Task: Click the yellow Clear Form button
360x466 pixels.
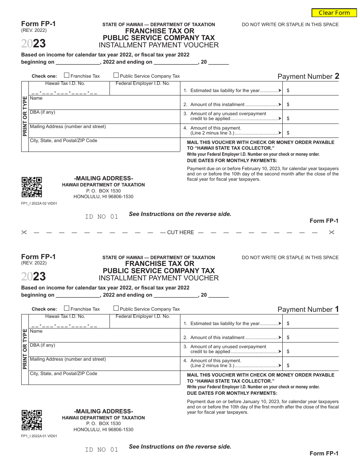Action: point(334,13)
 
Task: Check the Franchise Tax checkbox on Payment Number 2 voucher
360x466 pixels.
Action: point(67,75)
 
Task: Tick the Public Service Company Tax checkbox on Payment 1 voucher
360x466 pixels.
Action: point(116,308)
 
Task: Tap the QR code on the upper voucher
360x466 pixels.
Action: point(31,187)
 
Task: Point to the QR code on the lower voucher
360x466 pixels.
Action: point(31,420)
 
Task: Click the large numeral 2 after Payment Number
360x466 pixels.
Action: point(337,76)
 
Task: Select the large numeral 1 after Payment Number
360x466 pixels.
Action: point(337,309)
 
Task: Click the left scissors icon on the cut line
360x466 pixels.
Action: point(24,232)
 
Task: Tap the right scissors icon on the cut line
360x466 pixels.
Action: point(332,232)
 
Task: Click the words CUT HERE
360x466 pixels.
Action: point(180,232)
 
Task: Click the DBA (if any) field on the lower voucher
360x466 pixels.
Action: point(104,350)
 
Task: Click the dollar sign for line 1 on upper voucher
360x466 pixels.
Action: point(288,91)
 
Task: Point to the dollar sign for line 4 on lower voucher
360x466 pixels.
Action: point(288,366)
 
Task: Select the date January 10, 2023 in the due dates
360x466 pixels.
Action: point(249,402)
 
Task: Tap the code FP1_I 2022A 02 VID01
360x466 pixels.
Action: point(39,203)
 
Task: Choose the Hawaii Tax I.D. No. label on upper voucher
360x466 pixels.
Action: point(65,83)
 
